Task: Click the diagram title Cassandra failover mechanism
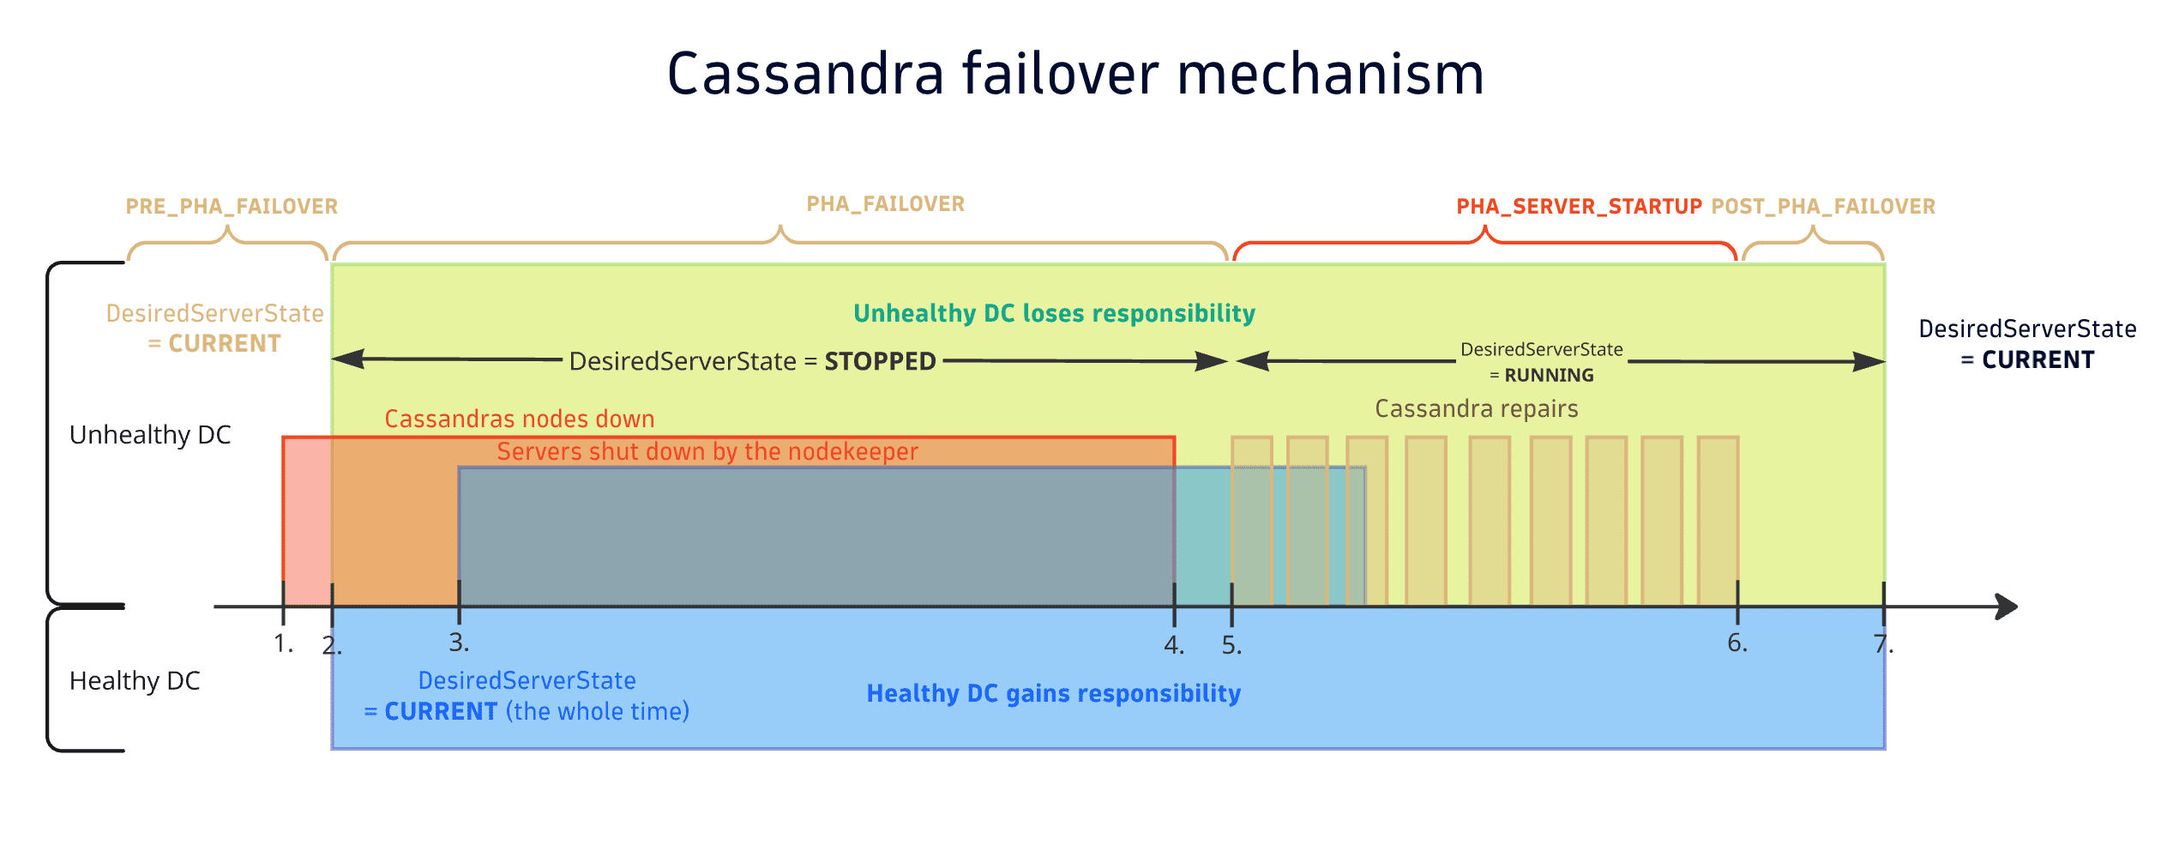[x=1075, y=74]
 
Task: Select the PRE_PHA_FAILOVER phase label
[x=232, y=207]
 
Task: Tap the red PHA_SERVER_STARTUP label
[x=1579, y=207]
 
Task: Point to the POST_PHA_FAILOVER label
[x=1823, y=207]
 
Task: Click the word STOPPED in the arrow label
[x=880, y=361]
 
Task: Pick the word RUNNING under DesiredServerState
[x=1549, y=375]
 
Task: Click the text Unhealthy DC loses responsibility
[x=1054, y=313]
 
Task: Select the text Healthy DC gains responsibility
[x=1053, y=693]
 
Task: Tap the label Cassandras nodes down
[x=519, y=419]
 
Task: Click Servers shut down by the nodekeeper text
[x=707, y=451]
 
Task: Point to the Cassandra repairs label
[x=1476, y=408]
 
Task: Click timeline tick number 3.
[x=459, y=642]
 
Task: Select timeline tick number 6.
[x=1737, y=642]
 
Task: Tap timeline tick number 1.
[x=283, y=642]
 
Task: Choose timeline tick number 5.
[x=1231, y=644]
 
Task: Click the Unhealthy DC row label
[x=150, y=435]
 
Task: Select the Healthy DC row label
[x=135, y=681]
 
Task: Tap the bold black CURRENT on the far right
[x=2038, y=360]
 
